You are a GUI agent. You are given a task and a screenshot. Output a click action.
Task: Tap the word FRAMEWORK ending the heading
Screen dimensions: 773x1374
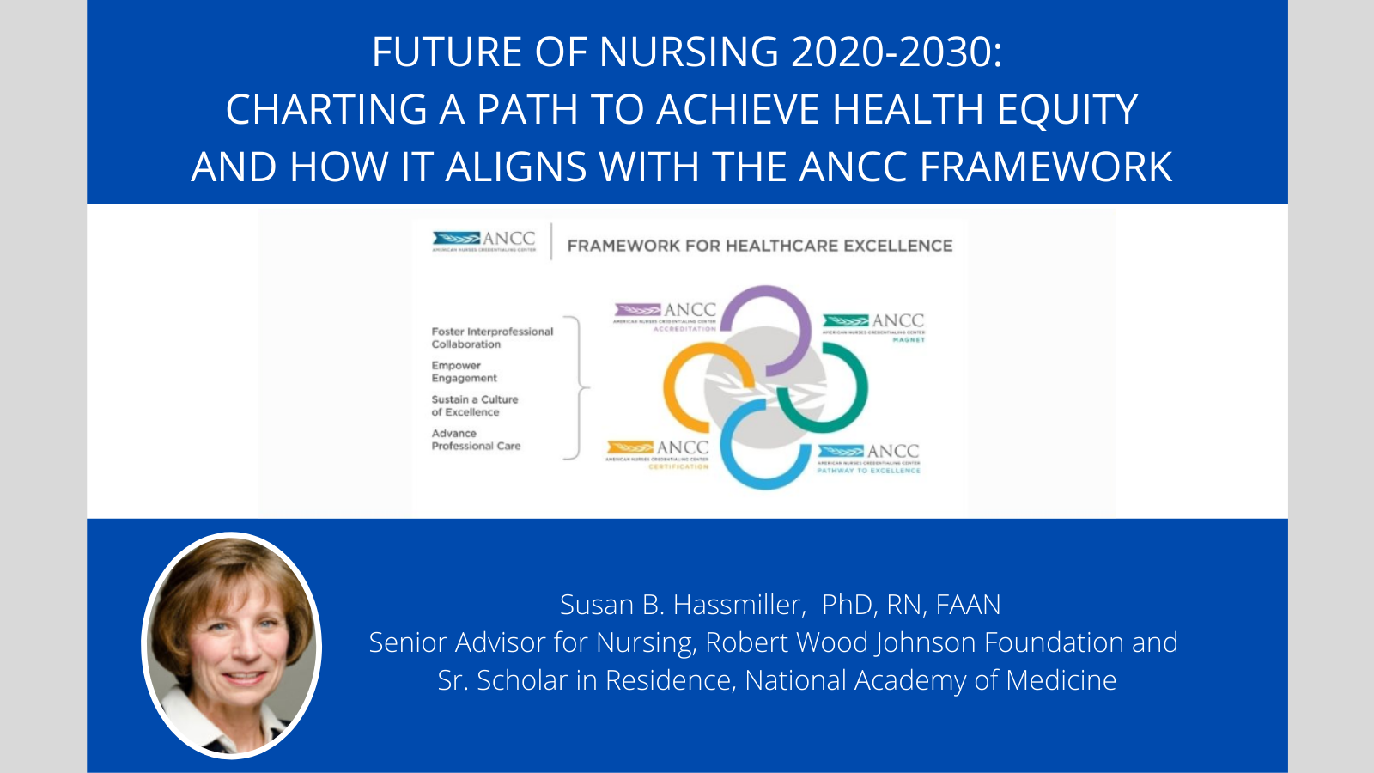[1045, 167]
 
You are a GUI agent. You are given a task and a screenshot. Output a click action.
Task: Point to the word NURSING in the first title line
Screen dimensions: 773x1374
[688, 52]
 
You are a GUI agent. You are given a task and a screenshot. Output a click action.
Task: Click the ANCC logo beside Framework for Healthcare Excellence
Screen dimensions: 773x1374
[484, 240]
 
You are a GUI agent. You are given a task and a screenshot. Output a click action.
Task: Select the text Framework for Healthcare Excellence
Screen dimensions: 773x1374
[759, 247]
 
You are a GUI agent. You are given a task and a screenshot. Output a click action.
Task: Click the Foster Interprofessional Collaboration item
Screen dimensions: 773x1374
[491, 338]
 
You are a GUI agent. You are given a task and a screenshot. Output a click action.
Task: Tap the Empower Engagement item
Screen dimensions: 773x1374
[464, 372]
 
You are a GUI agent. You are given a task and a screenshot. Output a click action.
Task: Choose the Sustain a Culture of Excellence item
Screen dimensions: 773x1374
[474, 405]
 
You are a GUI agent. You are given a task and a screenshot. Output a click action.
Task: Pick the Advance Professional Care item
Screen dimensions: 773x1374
[476, 440]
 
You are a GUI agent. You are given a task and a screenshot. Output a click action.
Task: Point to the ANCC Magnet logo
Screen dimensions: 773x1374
[874, 327]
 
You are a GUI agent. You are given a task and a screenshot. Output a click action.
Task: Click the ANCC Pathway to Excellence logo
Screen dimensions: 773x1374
[868, 458]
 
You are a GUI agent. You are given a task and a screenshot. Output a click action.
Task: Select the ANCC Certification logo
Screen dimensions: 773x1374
[658, 453]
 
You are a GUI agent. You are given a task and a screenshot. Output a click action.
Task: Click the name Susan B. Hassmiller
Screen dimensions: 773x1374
[682, 605]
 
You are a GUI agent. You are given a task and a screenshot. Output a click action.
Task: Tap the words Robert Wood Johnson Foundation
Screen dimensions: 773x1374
[914, 642]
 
